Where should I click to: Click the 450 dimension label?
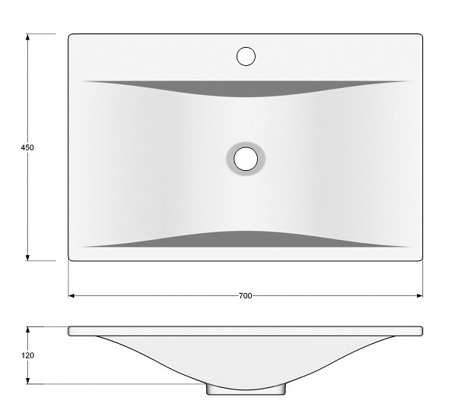[x=27, y=147]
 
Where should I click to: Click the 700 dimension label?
[x=246, y=295]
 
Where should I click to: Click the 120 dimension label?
[x=27, y=355]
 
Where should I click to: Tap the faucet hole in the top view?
[x=246, y=56]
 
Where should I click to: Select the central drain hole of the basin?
[x=246, y=159]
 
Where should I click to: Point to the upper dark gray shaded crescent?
[x=246, y=88]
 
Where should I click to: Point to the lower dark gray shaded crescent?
[x=246, y=240]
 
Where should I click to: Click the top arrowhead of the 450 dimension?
[x=27, y=37]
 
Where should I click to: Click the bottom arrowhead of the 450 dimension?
[x=27, y=257]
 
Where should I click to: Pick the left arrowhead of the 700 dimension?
[x=71, y=295]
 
